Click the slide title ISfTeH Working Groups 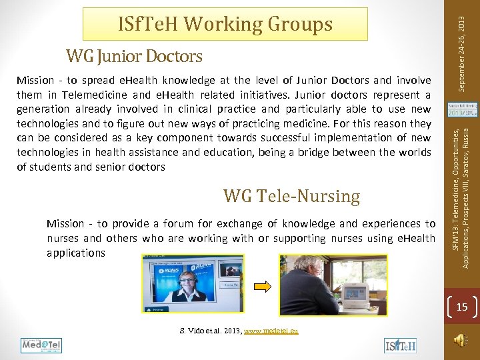coord(225,24)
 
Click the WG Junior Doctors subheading coord(133,55)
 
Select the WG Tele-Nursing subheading coord(291,196)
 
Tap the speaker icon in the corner coord(459,341)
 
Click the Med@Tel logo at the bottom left coord(41,345)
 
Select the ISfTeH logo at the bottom coord(400,345)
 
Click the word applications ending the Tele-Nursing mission coord(76,253)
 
